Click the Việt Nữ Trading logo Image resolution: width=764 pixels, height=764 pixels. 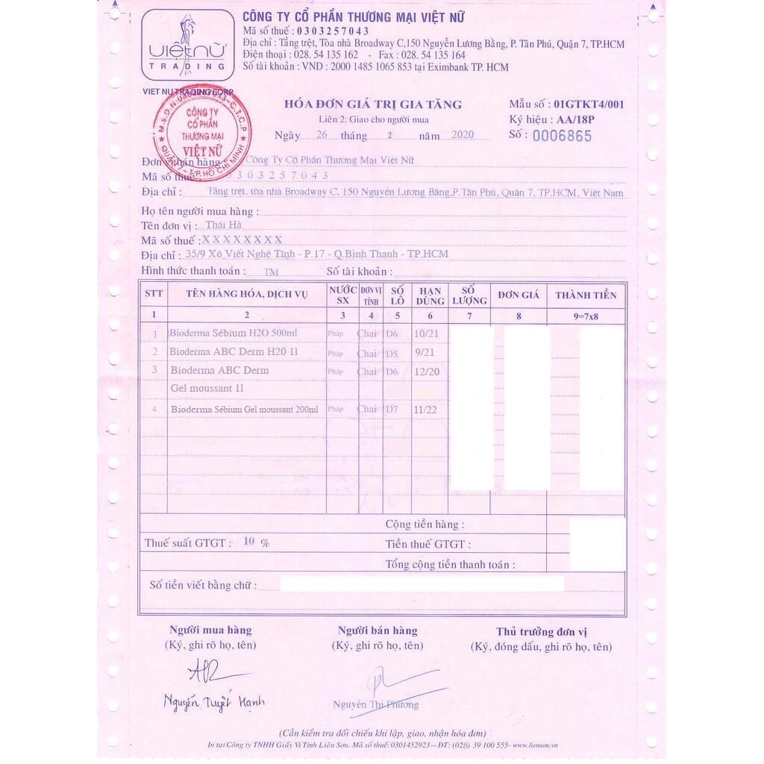click(187, 45)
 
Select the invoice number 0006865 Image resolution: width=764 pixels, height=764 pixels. click(560, 136)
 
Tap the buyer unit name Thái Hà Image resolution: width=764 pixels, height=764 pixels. click(224, 225)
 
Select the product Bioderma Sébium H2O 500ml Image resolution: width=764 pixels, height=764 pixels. click(234, 333)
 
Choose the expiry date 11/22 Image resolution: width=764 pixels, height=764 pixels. click(425, 410)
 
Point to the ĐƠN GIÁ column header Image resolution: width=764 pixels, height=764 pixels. click(519, 295)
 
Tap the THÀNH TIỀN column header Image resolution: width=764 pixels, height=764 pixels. click(586, 295)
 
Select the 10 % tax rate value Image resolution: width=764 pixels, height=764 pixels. click(256, 542)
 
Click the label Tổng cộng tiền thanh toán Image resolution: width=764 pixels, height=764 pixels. click(448, 564)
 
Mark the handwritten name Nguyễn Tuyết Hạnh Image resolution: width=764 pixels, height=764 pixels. click(214, 702)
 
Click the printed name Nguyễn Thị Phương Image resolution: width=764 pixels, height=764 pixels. click(376, 704)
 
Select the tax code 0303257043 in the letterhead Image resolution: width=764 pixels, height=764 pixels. click(333, 31)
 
